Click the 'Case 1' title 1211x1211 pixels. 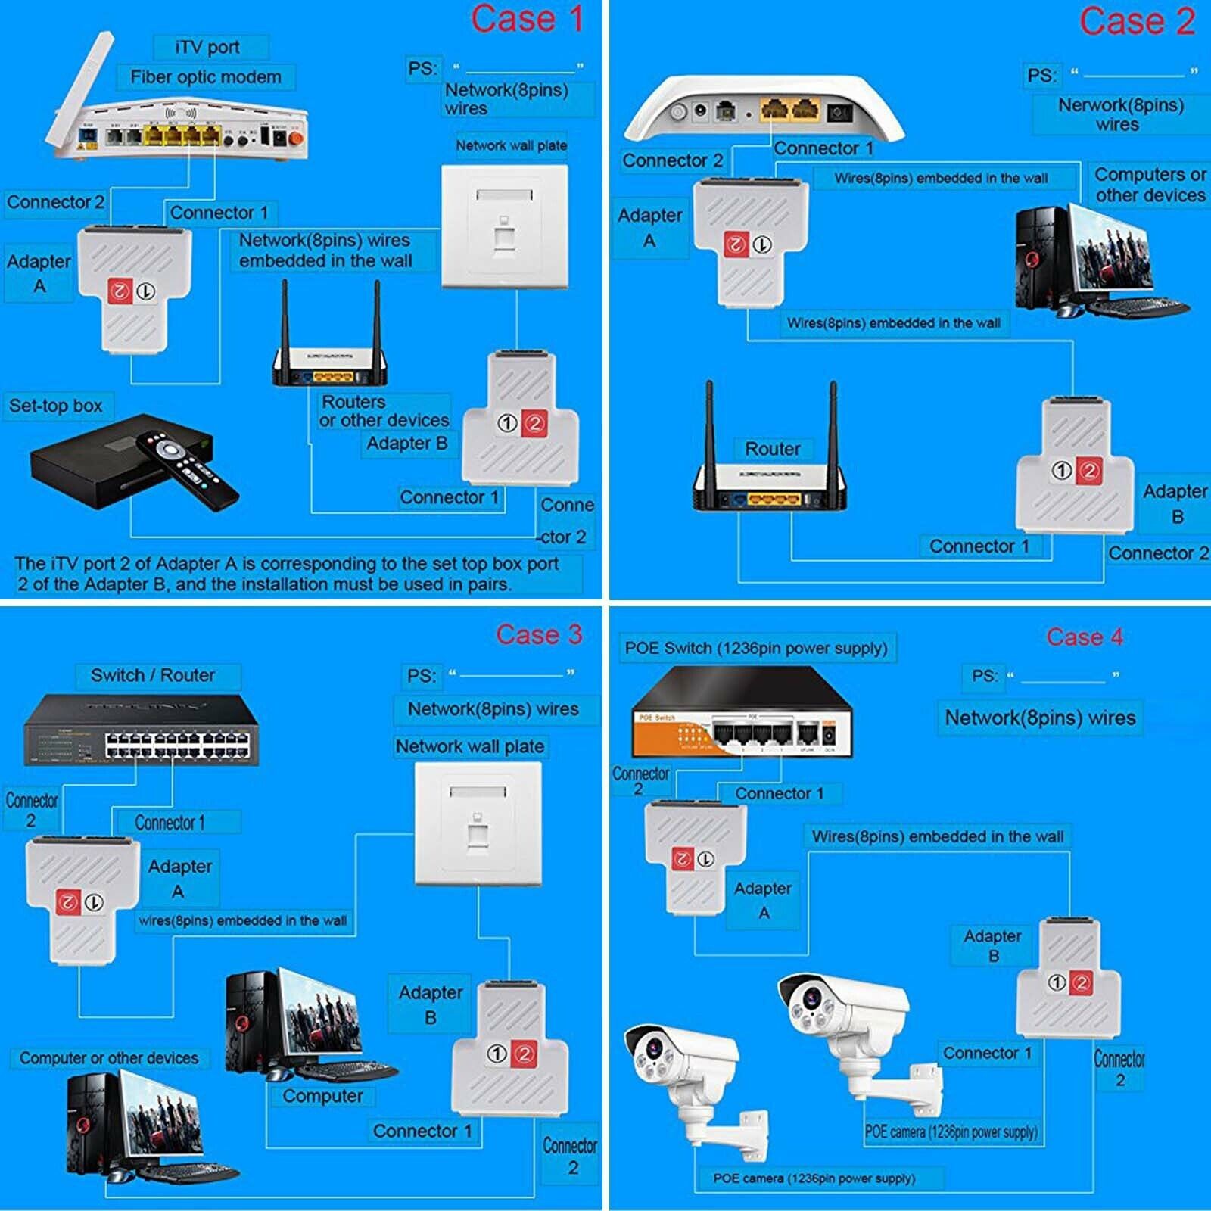[527, 20]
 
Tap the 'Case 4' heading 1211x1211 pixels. [1084, 637]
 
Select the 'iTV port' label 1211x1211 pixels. [207, 48]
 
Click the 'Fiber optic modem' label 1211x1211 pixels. [205, 77]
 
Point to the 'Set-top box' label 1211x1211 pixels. [56, 406]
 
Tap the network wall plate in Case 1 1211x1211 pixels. [504, 226]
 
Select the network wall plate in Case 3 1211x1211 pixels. [478, 823]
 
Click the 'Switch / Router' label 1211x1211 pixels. [153, 675]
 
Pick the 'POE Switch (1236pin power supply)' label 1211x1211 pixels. [755, 649]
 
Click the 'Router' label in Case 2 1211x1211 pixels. [772, 449]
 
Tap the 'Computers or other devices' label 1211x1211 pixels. [1150, 185]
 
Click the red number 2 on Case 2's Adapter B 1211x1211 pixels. [1088, 471]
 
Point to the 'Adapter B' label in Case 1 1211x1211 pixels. [407, 444]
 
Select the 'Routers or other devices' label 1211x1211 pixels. [384, 411]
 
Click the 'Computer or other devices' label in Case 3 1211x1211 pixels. [109, 1058]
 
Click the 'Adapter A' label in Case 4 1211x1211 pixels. [763, 900]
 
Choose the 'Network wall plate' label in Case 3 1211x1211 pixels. [469, 746]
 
